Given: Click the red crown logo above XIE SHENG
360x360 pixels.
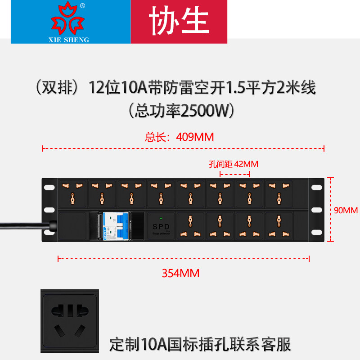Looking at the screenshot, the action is coord(68,20).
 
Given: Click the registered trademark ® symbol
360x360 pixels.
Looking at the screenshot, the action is coord(82,5).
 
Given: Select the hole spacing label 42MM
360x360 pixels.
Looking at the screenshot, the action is coord(234,164).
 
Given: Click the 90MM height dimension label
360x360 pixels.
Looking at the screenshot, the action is coord(346,210).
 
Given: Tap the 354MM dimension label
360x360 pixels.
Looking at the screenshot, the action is coord(180,273).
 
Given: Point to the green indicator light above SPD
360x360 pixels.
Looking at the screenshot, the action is coord(161,218).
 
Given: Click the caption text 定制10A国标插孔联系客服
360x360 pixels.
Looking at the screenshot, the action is coord(201,344).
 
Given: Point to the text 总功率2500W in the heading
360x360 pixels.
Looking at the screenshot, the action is coord(180,109).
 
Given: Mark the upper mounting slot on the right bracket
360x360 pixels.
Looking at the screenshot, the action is coord(317,187).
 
